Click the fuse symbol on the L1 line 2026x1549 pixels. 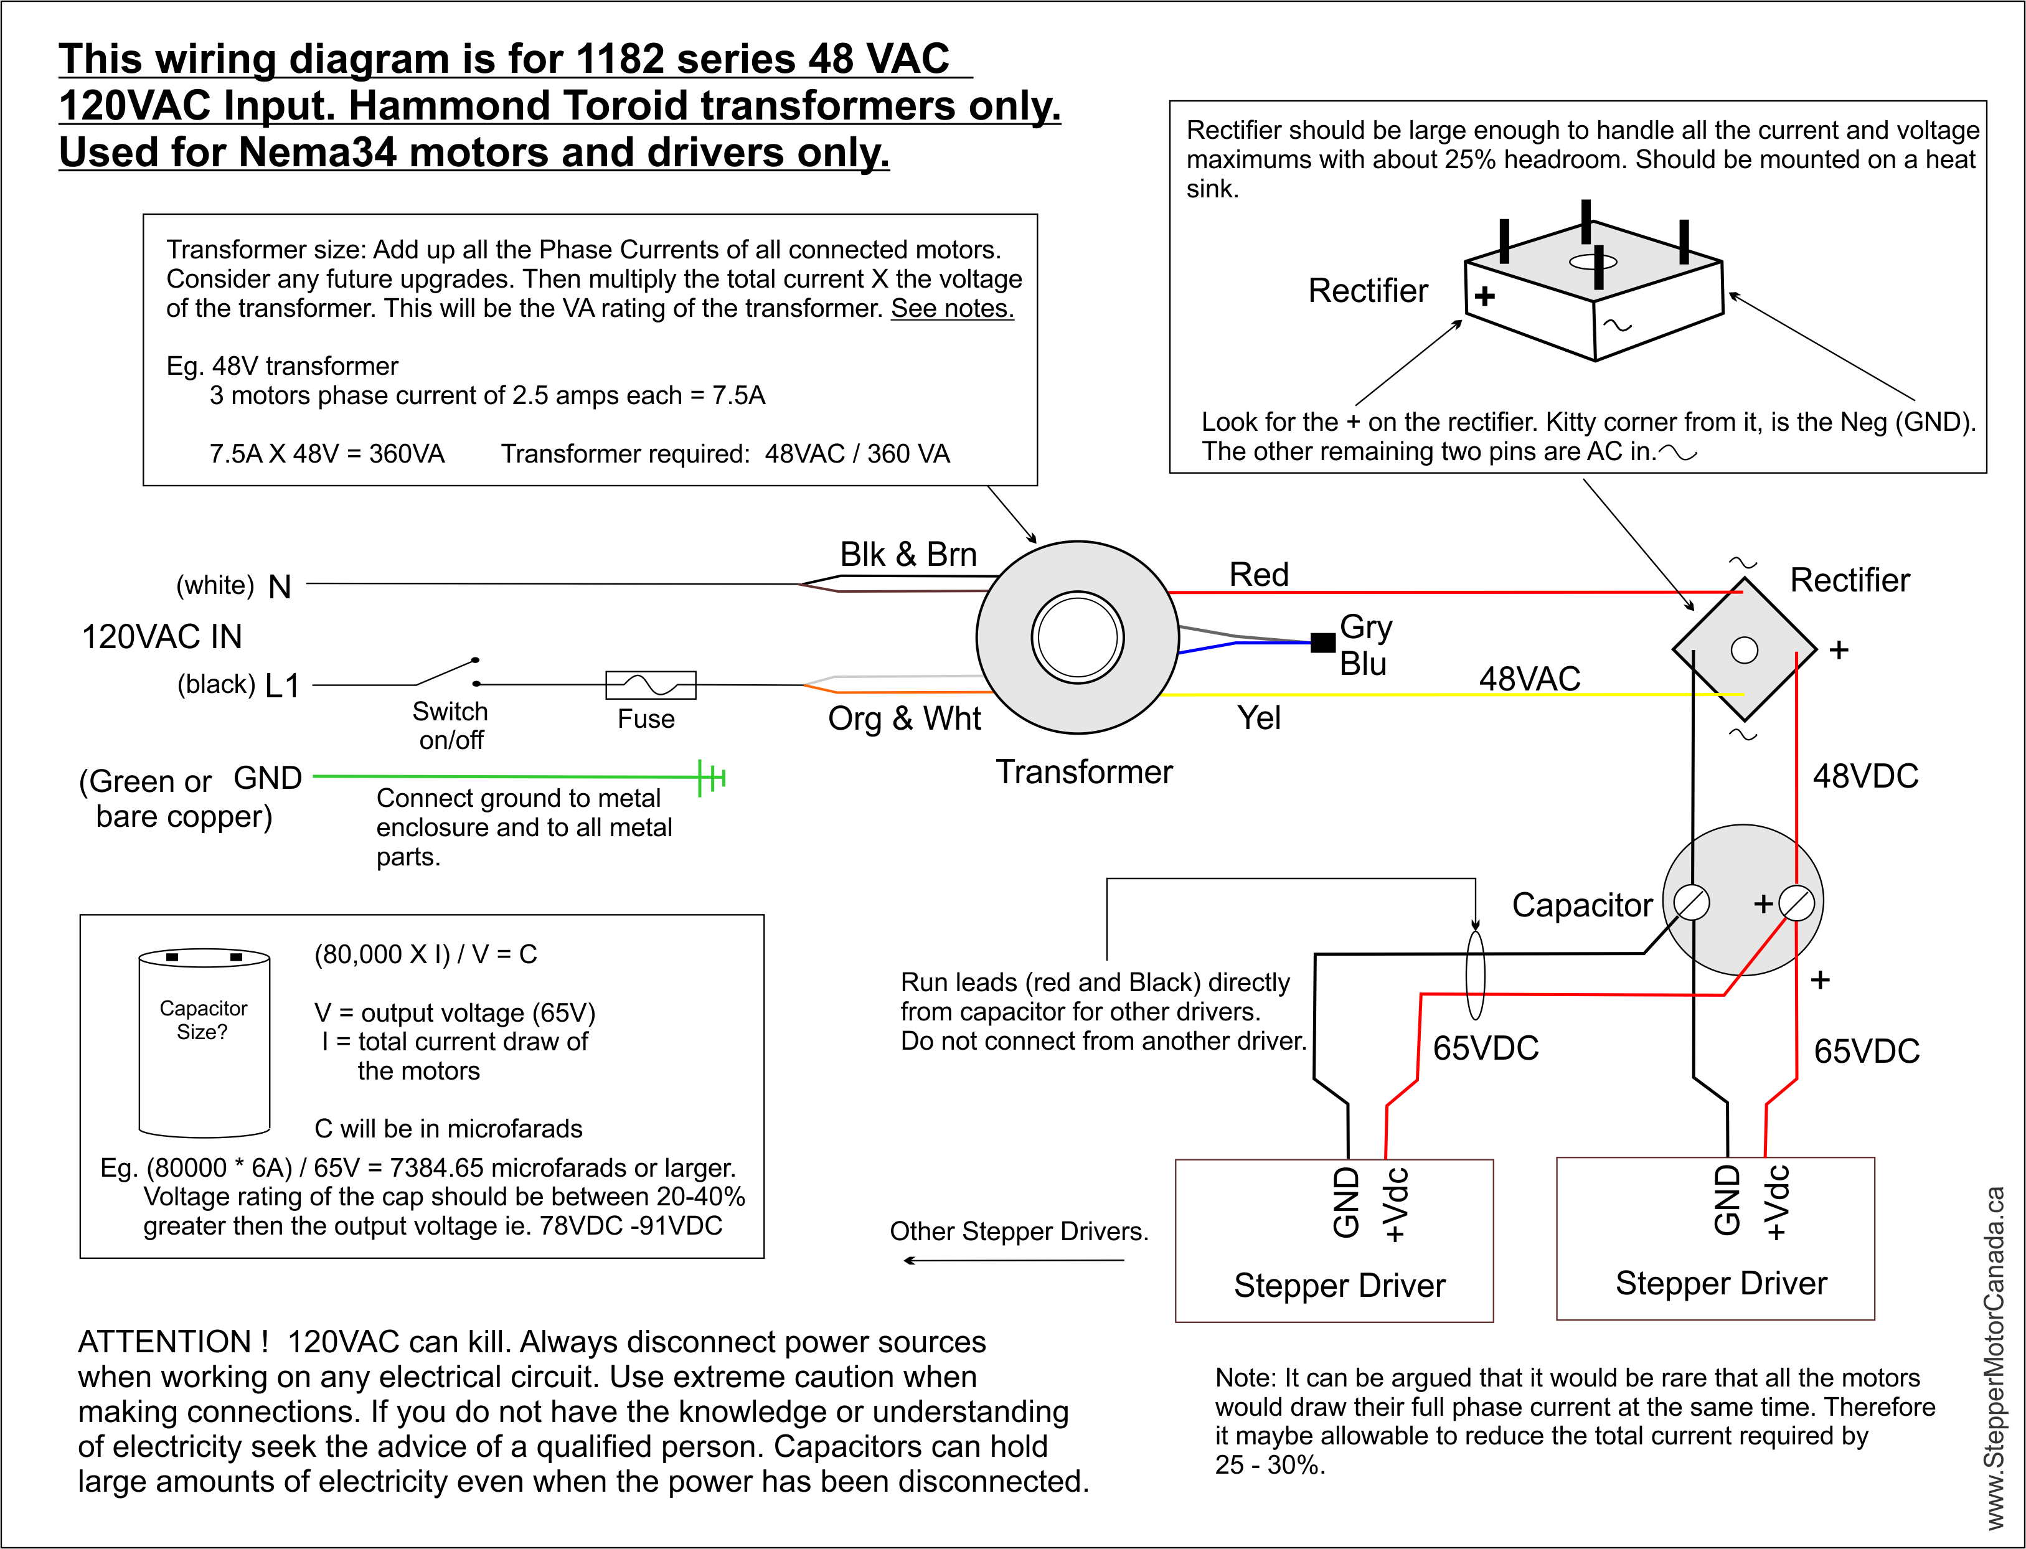pyautogui.click(x=650, y=685)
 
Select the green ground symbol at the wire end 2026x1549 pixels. pyautogui.click(x=712, y=777)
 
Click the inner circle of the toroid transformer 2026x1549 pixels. pyautogui.click(x=1077, y=637)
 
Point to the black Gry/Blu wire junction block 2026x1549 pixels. pyautogui.click(x=1322, y=642)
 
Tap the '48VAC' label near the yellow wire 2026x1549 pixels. pyautogui.click(x=1529, y=679)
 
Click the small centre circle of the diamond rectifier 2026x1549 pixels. pyautogui.click(x=1744, y=650)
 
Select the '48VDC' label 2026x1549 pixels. pyautogui.click(x=1865, y=776)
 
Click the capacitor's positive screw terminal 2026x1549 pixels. pyautogui.click(x=1796, y=903)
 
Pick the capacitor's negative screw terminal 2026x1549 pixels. pyautogui.click(x=1691, y=903)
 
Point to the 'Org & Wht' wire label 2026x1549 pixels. pyautogui.click(x=903, y=718)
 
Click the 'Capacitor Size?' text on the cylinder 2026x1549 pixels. pyautogui.click(x=203, y=1020)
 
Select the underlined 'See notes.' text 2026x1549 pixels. pyautogui.click(x=952, y=308)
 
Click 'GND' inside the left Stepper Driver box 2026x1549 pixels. pyautogui.click(x=1346, y=1202)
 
